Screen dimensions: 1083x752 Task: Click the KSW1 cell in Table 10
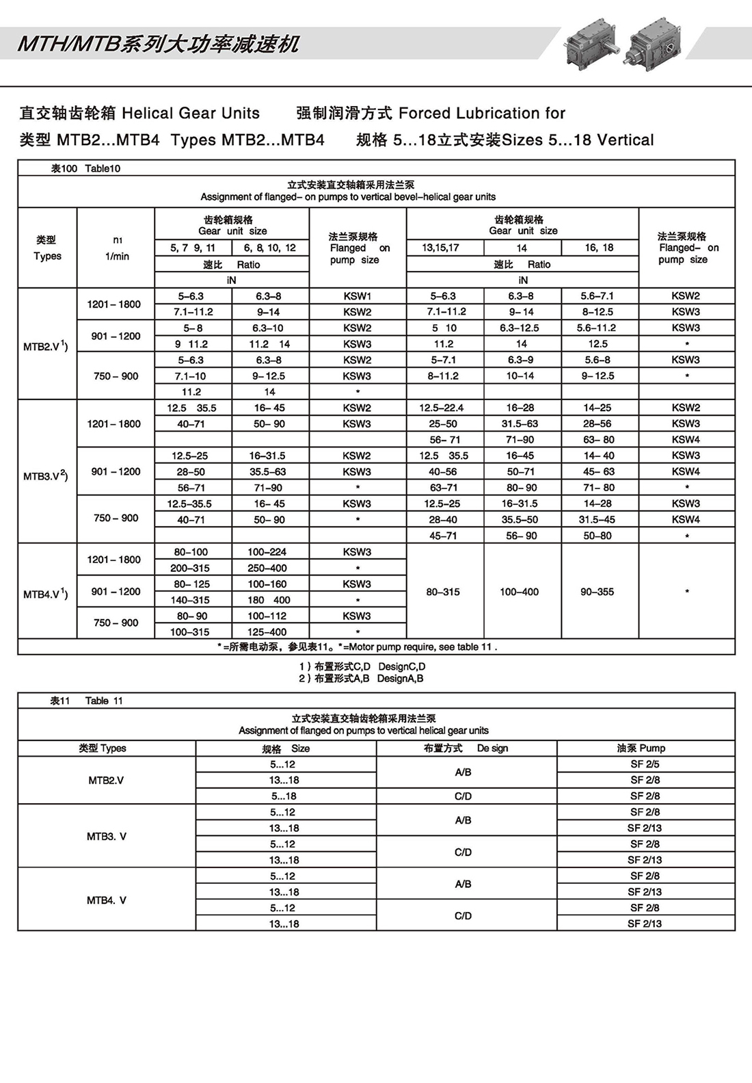357,296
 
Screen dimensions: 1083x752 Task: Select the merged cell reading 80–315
443,592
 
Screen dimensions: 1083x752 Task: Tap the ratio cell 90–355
597,592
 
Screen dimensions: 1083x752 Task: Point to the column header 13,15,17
441,248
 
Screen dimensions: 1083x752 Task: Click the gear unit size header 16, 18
599,248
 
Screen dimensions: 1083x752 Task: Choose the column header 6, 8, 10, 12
270,248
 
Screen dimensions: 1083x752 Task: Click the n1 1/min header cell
117,248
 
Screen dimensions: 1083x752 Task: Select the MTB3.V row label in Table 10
46,476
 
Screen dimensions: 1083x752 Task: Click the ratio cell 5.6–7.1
597,296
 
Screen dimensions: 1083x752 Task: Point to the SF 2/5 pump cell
645,764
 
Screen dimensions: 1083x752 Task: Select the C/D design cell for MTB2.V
463,796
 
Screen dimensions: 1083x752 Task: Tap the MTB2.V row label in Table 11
106,780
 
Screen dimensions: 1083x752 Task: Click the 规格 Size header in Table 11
286,748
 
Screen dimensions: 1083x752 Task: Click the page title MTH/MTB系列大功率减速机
158,44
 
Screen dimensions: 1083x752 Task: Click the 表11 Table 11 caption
86,701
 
